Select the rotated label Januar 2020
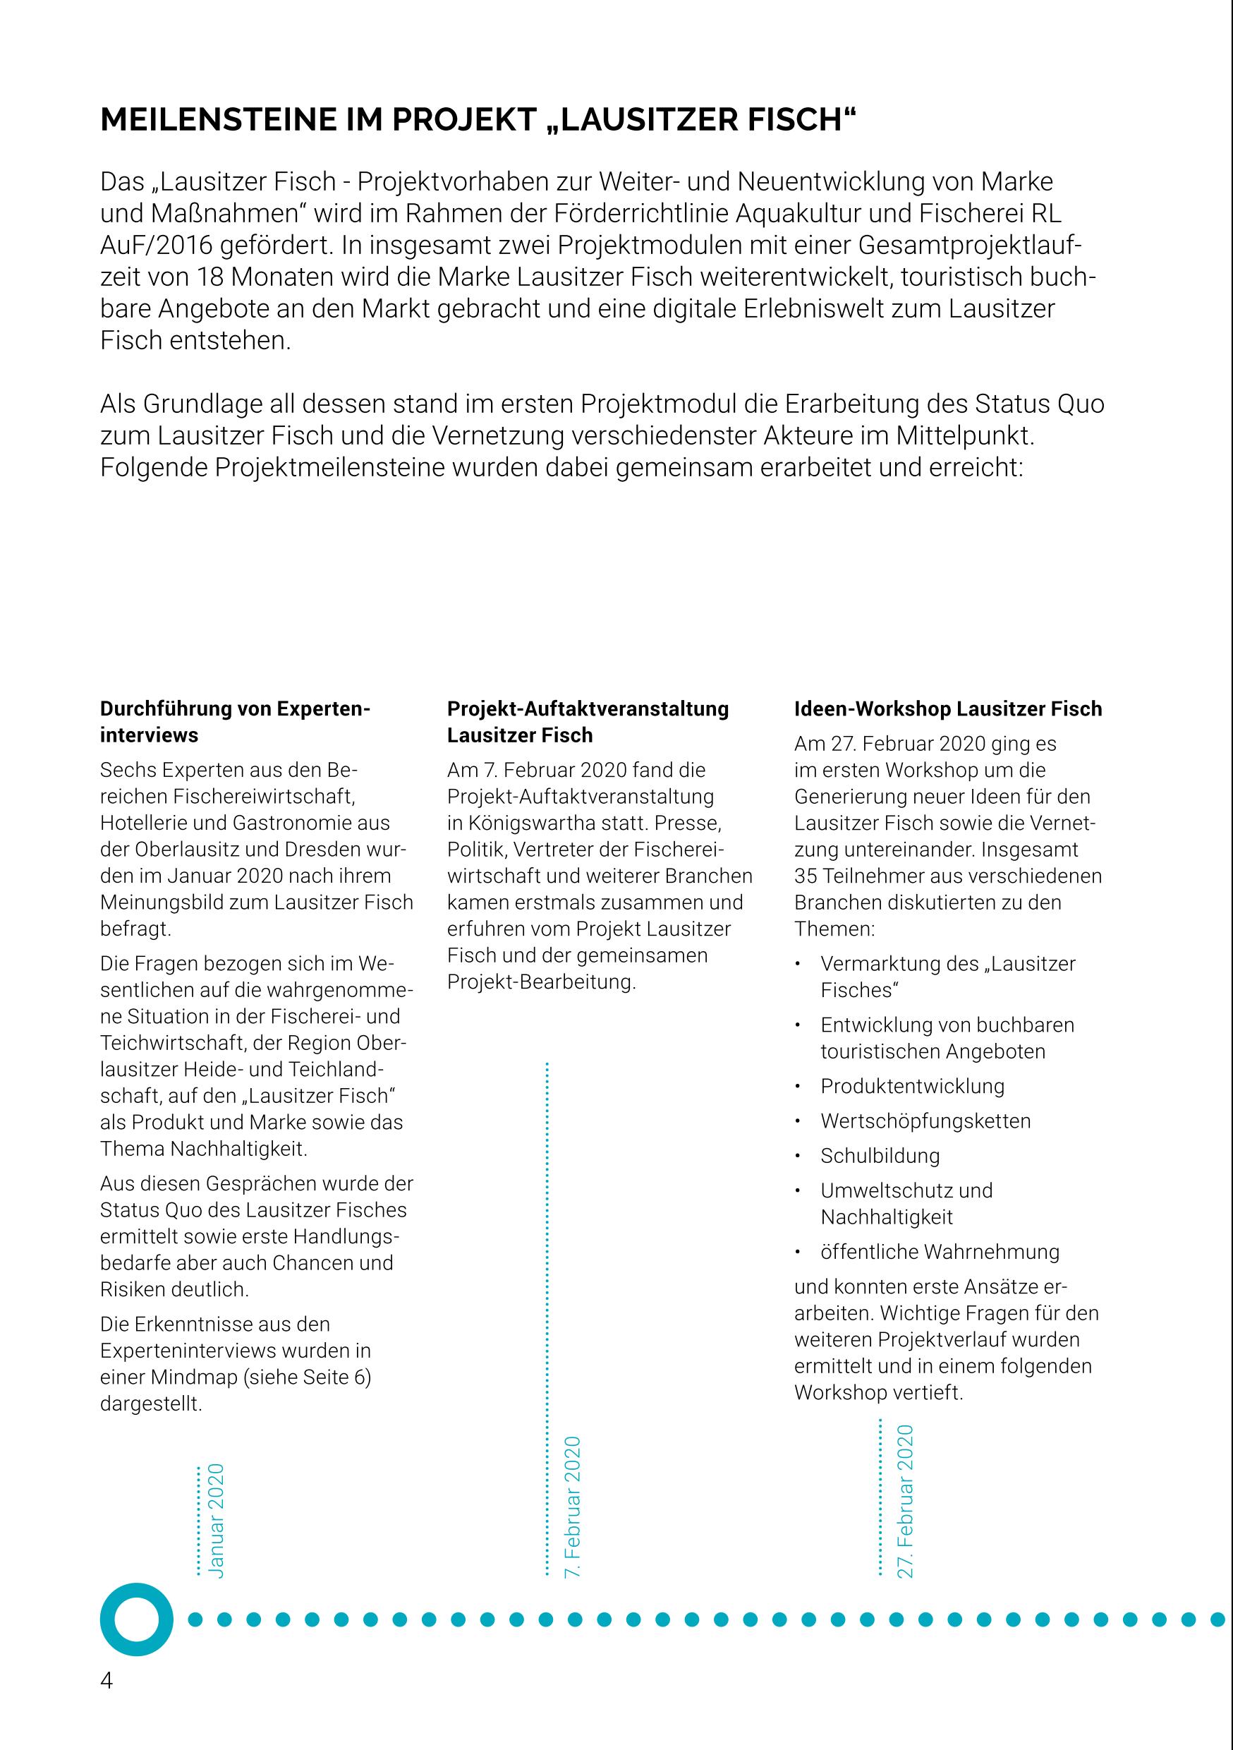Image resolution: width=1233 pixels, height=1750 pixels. point(217,1520)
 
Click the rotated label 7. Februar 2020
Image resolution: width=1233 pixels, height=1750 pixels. point(572,1507)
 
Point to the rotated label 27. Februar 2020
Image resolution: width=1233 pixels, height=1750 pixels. point(904,1501)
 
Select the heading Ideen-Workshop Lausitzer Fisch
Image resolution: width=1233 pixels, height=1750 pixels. point(948,709)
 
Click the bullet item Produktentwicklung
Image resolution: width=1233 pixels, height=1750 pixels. point(912,1086)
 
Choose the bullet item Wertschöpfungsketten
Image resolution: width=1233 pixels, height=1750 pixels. point(925,1121)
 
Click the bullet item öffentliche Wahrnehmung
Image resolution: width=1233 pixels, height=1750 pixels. point(940,1252)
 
